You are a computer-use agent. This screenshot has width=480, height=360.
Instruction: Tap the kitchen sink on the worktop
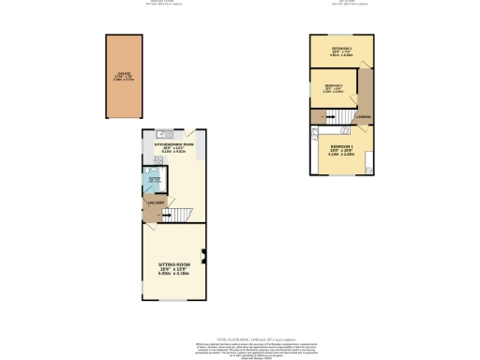[160, 133]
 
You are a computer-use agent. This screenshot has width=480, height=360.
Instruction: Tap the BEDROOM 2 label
[340, 48]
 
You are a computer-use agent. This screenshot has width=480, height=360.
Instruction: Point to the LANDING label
[362, 118]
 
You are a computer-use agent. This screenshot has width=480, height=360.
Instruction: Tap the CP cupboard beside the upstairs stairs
[319, 116]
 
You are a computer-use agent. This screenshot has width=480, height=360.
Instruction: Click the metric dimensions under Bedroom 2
[340, 56]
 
